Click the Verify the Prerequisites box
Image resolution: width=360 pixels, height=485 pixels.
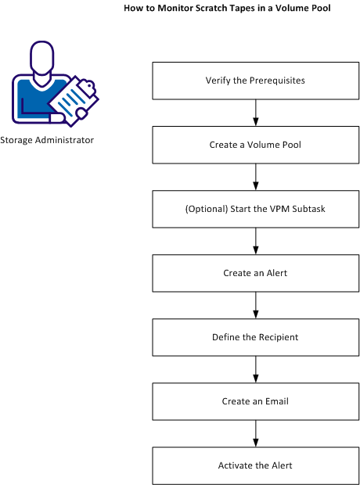click(x=255, y=81)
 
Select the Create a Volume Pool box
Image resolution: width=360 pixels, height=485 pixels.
click(x=255, y=145)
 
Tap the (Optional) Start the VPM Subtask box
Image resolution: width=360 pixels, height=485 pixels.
click(x=255, y=210)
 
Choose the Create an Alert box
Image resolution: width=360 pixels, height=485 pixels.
click(x=255, y=274)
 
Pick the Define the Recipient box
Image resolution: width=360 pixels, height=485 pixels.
click(x=255, y=338)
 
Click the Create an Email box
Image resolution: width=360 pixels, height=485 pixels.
click(x=255, y=401)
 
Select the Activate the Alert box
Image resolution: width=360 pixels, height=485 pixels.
click(x=255, y=465)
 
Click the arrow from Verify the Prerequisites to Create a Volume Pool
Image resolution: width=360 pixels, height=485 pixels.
click(x=255, y=113)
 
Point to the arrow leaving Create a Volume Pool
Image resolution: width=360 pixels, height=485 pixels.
click(x=255, y=177)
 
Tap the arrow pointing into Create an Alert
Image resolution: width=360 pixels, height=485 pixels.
click(x=255, y=242)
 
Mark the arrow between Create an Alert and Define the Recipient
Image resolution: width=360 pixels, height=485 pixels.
click(x=255, y=306)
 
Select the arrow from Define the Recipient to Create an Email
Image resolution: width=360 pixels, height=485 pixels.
click(x=255, y=370)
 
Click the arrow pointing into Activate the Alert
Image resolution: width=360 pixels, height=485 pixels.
click(x=255, y=433)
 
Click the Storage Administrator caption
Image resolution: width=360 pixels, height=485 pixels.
click(x=47, y=141)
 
